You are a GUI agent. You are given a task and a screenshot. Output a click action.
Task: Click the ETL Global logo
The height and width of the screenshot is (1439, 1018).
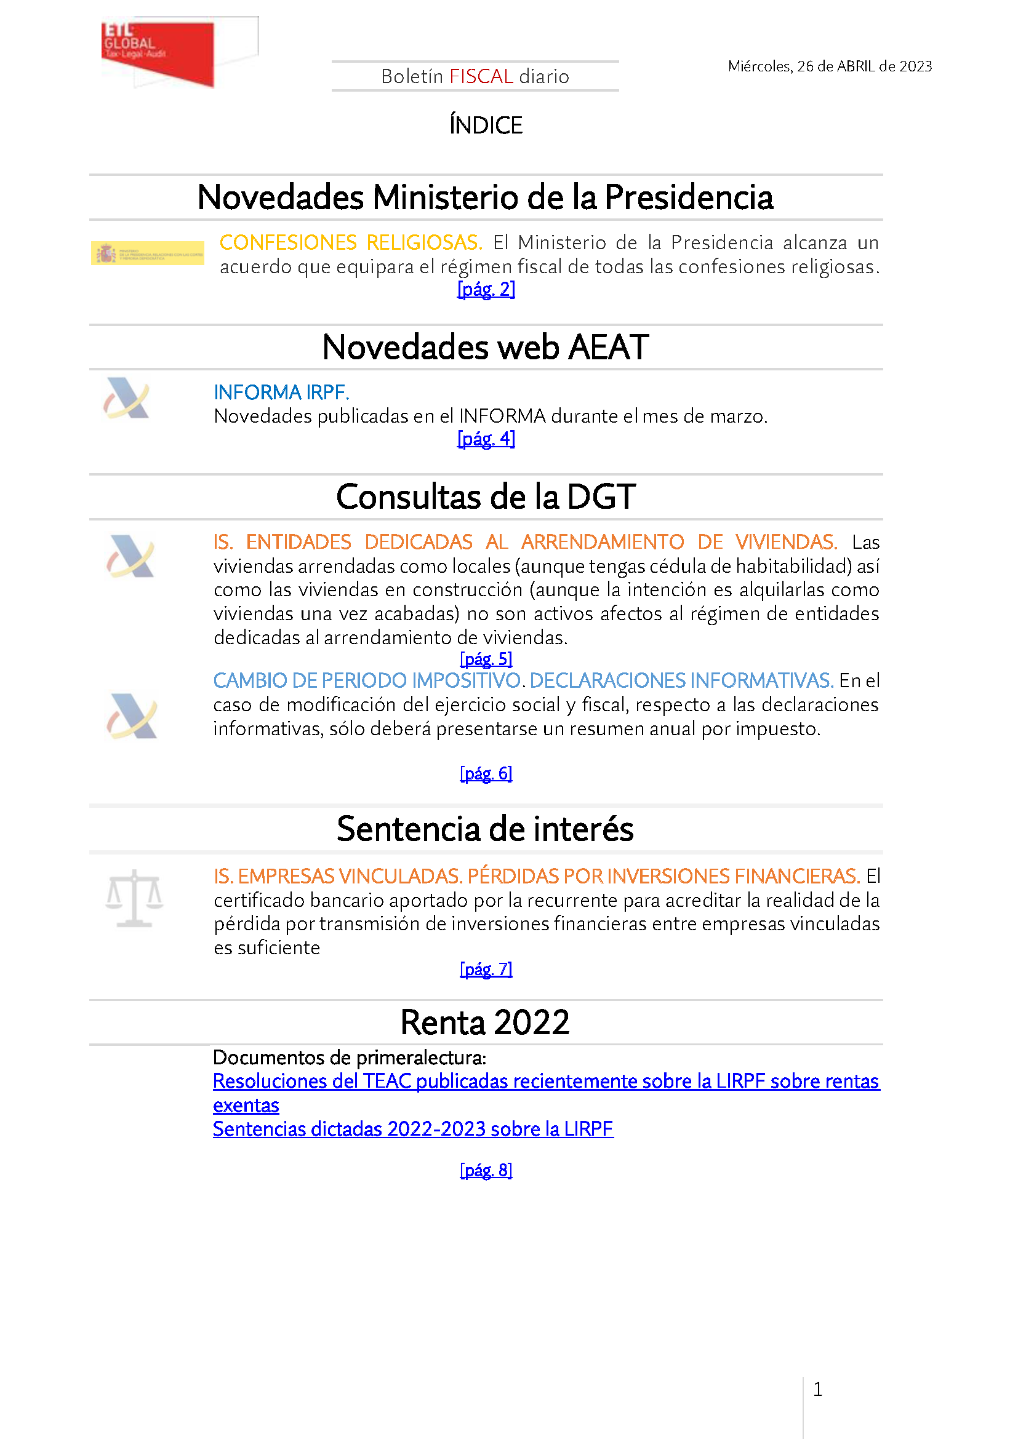point(158,53)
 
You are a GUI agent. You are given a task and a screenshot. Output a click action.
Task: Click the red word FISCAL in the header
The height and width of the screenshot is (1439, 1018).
point(481,76)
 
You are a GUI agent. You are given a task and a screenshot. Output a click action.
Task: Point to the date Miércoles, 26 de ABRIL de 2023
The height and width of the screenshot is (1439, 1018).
point(829,66)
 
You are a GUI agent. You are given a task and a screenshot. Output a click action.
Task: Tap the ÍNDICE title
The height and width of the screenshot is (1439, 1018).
point(486,126)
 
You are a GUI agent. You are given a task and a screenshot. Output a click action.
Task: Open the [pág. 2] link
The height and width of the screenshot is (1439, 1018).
point(486,290)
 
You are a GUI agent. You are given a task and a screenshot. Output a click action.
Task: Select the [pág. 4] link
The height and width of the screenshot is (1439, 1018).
point(486,439)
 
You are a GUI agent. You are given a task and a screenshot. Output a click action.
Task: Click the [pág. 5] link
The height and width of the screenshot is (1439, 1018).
point(486,659)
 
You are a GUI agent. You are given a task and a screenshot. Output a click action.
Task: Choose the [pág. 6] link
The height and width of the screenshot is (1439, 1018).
point(486,773)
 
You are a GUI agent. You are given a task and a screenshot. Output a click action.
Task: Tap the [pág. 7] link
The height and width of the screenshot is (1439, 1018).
point(486,969)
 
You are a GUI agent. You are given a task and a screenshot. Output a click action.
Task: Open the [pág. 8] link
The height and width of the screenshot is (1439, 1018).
point(486,1170)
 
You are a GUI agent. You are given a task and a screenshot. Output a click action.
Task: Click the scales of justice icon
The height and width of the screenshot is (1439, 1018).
point(134,898)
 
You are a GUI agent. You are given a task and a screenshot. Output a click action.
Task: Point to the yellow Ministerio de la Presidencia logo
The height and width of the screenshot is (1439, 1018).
point(147,253)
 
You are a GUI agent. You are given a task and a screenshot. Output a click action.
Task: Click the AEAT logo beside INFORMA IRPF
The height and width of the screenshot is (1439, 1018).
point(127,398)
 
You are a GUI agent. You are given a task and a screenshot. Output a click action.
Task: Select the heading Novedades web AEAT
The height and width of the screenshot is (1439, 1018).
point(485,347)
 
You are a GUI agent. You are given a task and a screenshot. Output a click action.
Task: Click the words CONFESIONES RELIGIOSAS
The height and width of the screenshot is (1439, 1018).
point(350,242)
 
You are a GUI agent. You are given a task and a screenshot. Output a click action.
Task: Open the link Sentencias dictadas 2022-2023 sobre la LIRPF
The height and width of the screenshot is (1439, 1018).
point(412,1129)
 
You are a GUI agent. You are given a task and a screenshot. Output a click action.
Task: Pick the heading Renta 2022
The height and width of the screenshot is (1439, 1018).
point(484,1022)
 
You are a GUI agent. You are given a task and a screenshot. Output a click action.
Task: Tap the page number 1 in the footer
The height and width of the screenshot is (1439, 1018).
point(817,1390)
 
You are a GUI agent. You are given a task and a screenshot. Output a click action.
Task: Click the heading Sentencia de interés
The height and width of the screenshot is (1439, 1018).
point(485,829)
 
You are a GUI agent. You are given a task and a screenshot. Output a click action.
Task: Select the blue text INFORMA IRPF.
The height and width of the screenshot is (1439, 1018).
point(281,393)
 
